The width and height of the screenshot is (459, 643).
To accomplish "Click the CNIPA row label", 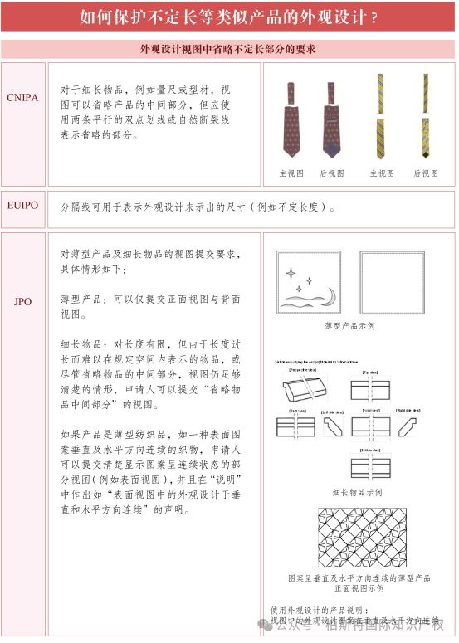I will point(22,97).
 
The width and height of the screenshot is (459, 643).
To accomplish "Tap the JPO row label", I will point(22,301).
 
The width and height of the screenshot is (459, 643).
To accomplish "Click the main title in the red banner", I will point(228,17).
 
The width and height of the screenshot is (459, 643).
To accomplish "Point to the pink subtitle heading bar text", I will point(228,50).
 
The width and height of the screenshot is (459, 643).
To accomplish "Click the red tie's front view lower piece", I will point(292,132).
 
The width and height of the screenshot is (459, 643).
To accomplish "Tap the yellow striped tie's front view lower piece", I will point(380,136).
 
